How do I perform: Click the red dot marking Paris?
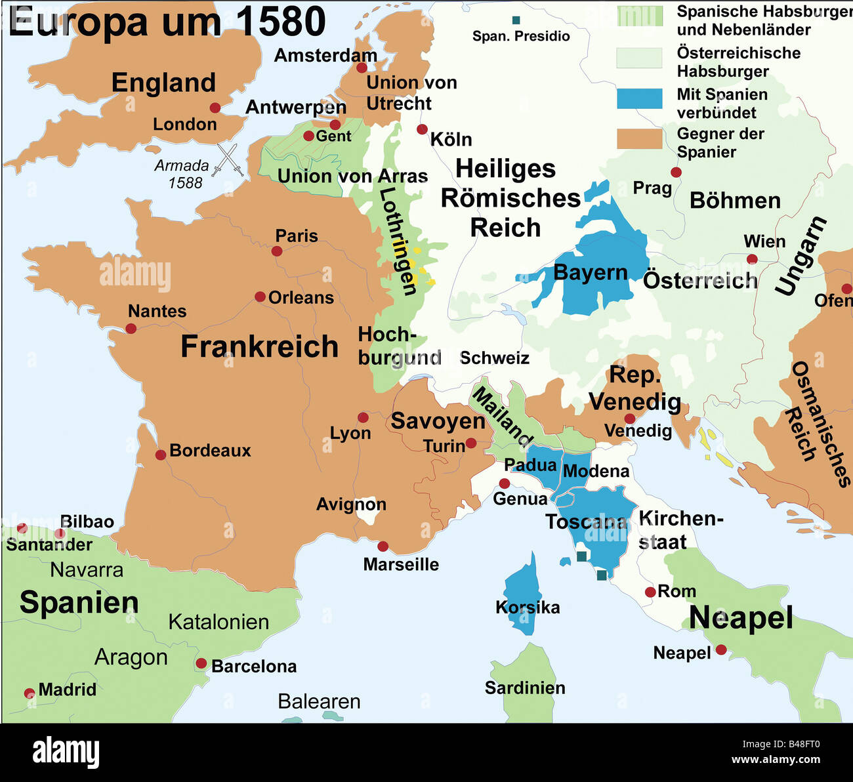coord(277,251)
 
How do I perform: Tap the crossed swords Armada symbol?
coord(230,159)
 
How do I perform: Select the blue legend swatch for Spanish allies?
coord(639,98)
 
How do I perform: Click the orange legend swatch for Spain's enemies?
coord(639,138)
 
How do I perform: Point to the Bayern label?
coord(591,272)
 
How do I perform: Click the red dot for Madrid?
coord(30,693)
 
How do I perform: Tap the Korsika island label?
coord(528,607)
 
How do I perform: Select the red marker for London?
coord(215,108)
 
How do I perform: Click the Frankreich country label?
coord(259,346)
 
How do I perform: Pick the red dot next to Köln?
coord(422,130)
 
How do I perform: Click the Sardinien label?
coord(525,688)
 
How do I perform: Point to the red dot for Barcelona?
coord(201,663)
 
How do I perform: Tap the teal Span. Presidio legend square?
coord(516,20)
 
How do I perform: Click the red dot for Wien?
coord(752,259)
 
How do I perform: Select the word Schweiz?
coord(494,358)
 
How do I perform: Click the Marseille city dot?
coord(383,546)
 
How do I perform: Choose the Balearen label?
coord(319,701)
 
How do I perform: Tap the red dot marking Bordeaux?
coord(160,455)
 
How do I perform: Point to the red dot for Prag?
coord(676,173)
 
